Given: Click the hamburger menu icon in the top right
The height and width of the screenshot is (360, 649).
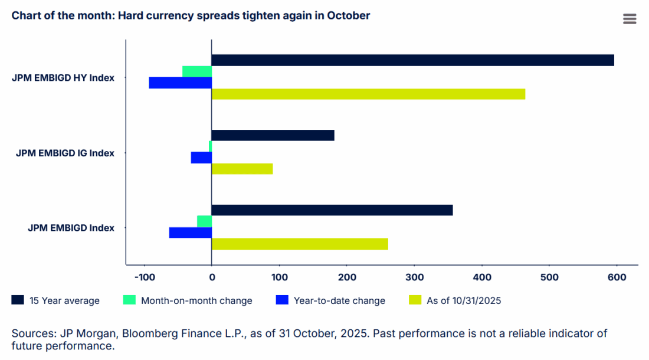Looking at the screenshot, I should (x=630, y=19).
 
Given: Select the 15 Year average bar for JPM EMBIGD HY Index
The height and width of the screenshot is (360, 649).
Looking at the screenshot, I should (x=412, y=60).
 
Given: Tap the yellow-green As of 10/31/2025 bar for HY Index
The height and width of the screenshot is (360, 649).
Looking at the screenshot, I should (x=368, y=94).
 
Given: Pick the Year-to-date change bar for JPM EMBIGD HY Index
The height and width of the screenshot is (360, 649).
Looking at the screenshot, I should (x=181, y=83).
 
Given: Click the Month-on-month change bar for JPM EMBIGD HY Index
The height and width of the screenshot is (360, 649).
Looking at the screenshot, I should (x=197, y=71).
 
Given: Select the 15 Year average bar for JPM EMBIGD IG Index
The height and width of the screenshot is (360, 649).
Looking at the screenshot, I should (x=273, y=135).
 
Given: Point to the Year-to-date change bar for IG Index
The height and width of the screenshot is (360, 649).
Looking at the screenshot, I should (x=201, y=158).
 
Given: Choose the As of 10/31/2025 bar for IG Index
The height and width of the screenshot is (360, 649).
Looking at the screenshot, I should (x=242, y=169).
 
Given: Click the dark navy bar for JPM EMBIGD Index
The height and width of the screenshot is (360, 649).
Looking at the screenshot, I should (x=332, y=210).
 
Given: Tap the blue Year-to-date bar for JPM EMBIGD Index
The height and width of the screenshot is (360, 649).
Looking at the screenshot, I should (x=191, y=233).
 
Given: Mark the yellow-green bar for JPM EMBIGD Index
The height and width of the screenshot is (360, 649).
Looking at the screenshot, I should (x=300, y=244).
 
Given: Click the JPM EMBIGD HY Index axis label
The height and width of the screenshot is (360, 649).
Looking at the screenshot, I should (x=63, y=77).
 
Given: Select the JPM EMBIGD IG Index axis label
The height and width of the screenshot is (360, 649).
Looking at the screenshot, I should (x=65, y=153).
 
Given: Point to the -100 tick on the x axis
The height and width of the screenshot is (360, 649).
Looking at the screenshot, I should (x=144, y=277).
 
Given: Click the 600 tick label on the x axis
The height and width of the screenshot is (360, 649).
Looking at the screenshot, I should (x=617, y=277).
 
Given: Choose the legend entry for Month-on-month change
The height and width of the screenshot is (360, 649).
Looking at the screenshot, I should (x=196, y=300).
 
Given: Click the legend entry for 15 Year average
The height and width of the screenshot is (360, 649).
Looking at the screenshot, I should (x=63, y=300).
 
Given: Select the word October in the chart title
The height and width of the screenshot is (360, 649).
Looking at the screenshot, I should (x=350, y=16).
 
